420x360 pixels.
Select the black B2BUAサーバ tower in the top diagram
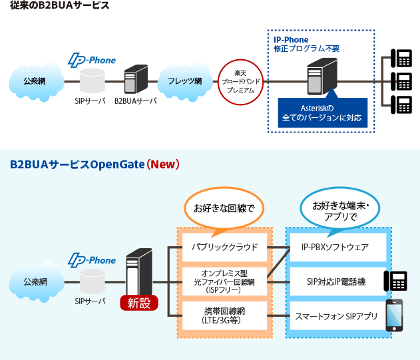point(135,79)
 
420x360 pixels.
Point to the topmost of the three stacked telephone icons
point(403,59)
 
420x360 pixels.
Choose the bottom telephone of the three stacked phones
point(403,105)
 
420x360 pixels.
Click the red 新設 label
point(139,303)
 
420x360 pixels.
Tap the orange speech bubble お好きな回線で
point(224,209)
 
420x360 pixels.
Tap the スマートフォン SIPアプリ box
point(335,315)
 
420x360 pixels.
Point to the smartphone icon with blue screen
point(395,315)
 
